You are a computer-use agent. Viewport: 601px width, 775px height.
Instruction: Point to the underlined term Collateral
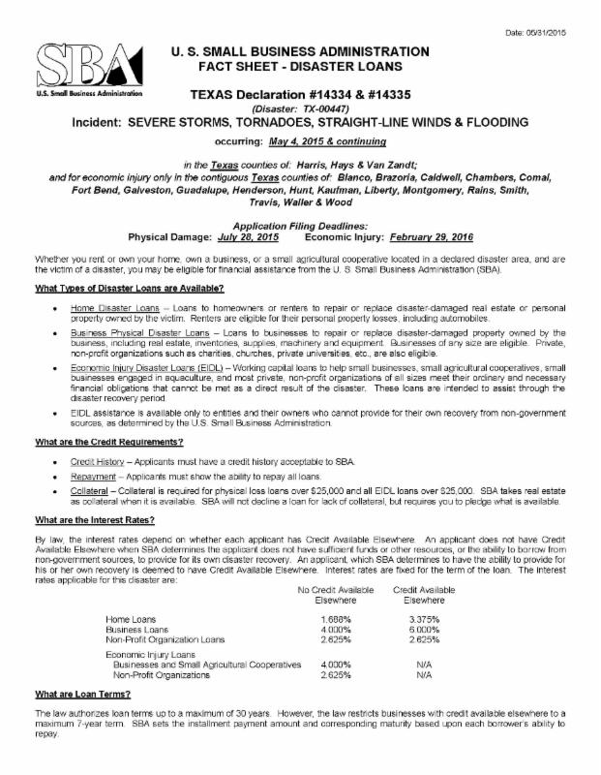click(x=86, y=489)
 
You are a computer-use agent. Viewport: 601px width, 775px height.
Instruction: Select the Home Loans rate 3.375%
click(x=424, y=619)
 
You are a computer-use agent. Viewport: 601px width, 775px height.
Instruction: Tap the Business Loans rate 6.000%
click(x=424, y=630)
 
